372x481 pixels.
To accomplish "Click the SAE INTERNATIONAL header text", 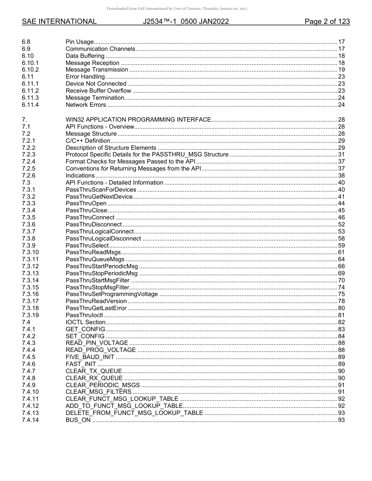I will click(x=59, y=22).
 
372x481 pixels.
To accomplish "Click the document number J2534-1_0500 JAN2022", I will click(x=186, y=22).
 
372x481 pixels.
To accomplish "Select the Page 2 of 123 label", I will click(x=327, y=22).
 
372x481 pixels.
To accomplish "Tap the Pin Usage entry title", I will click(x=79, y=42).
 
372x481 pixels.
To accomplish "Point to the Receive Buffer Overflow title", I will click(x=98, y=91).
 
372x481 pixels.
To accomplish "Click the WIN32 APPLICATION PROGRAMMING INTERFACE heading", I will click(x=138, y=120).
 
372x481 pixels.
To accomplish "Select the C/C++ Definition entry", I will click(x=88, y=141).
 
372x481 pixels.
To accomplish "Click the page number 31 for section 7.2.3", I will click(x=341, y=154).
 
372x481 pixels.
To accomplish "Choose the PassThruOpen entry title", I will click(x=86, y=204).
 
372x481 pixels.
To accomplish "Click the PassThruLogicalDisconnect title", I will click(x=103, y=239).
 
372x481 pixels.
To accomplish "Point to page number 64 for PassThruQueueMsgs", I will click(x=341, y=259).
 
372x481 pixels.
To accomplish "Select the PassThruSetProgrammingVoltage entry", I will click(x=112, y=294).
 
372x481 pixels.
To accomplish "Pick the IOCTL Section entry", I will click(x=85, y=322).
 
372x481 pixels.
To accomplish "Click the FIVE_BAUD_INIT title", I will click(x=90, y=357).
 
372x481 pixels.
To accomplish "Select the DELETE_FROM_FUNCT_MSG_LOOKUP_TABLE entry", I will click(x=134, y=413).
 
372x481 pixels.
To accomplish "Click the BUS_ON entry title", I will click(x=78, y=420).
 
